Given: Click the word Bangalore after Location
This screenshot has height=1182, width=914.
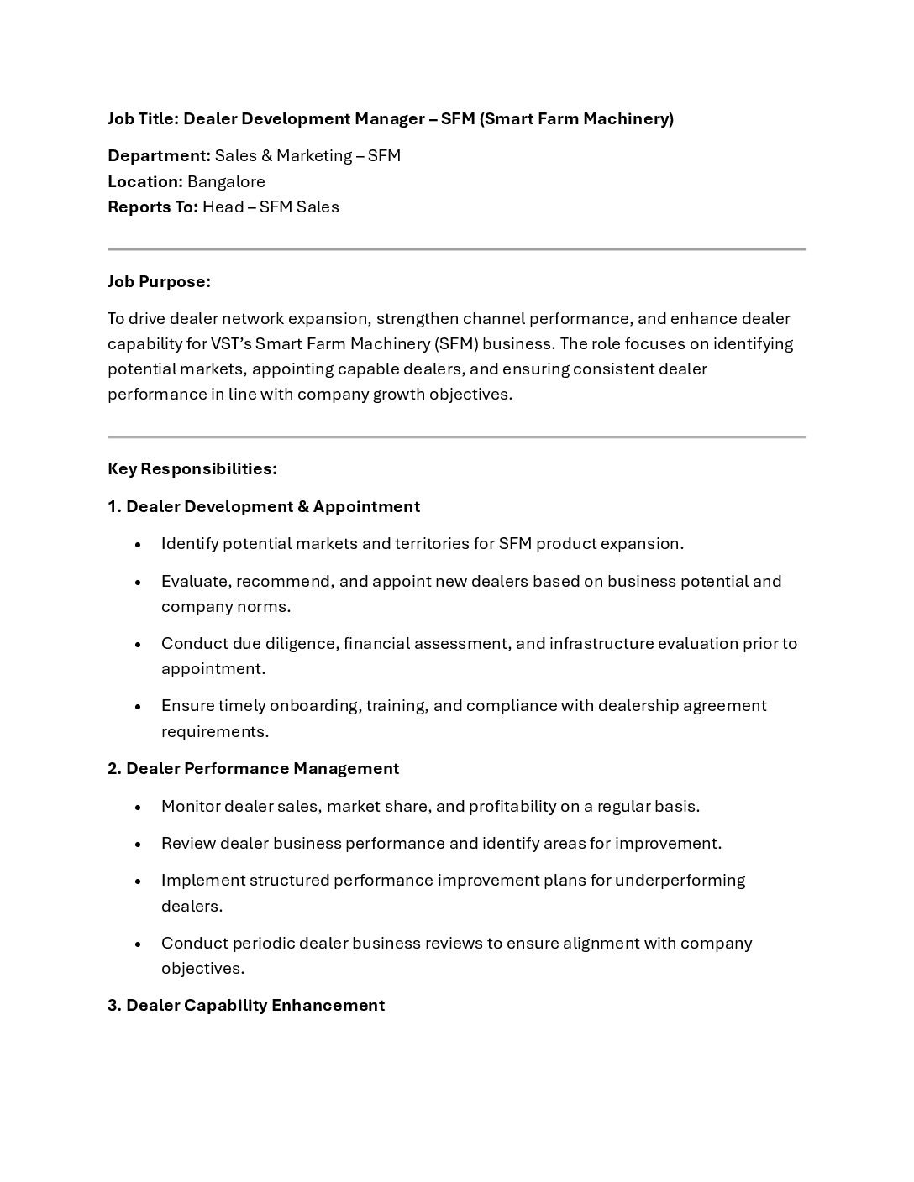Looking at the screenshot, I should pos(226,181).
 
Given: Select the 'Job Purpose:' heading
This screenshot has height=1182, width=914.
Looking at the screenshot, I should pos(159,282).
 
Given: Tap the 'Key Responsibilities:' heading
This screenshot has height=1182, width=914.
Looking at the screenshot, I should pos(192,468).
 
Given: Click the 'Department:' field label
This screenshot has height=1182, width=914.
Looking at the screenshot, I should pos(159,156).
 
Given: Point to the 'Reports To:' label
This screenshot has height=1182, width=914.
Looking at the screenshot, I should pos(152,207).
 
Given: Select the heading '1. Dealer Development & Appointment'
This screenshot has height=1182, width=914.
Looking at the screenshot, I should pos(263,506).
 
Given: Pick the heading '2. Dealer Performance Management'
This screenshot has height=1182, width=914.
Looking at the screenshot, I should pos(253,768).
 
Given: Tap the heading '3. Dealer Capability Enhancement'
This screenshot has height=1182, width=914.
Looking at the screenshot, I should pos(246,1005).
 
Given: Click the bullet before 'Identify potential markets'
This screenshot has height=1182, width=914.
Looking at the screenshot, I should pos(138,545).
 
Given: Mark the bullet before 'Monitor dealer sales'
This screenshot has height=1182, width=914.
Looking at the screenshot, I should pos(138,808).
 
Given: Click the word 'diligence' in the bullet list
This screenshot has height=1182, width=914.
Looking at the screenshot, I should pos(301,644).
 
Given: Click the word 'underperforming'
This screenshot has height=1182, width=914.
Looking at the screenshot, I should pos(680,881).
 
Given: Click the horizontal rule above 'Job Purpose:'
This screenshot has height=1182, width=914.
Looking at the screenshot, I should pos(456,249).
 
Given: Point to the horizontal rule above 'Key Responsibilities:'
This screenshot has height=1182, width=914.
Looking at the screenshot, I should pos(456,437).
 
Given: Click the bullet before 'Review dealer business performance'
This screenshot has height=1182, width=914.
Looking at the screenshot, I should pos(138,845).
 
